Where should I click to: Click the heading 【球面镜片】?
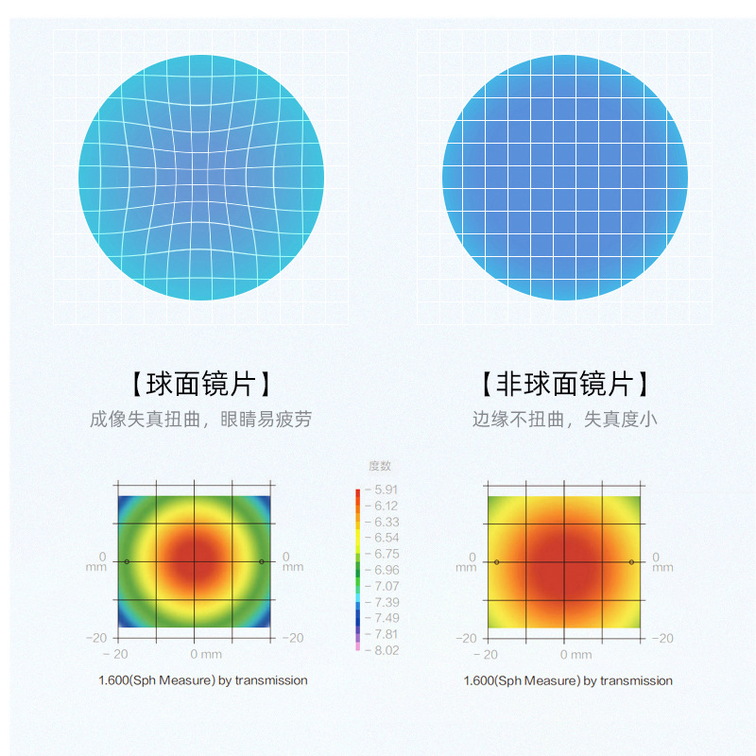(x=201, y=384)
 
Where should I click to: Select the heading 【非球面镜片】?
(x=564, y=384)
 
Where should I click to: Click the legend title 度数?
(x=379, y=466)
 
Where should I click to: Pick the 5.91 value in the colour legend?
(x=386, y=490)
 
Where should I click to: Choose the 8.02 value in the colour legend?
(x=386, y=650)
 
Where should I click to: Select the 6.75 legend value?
(x=386, y=554)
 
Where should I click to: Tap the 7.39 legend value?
(x=386, y=602)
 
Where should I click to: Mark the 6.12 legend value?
(x=386, y=506)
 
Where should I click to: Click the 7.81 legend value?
(x=386, y=634)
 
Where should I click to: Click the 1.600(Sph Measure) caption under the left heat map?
(x=203, y=679)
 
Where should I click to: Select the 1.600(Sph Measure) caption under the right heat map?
(x=568, y=680)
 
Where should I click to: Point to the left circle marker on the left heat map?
(x=127, y=562)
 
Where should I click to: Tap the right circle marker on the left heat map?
(x=262, y=562)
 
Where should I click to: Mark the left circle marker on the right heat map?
(x=496, y=562)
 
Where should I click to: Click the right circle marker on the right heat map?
(x=631, y=562)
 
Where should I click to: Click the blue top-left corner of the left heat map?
(x=124, y=501)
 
